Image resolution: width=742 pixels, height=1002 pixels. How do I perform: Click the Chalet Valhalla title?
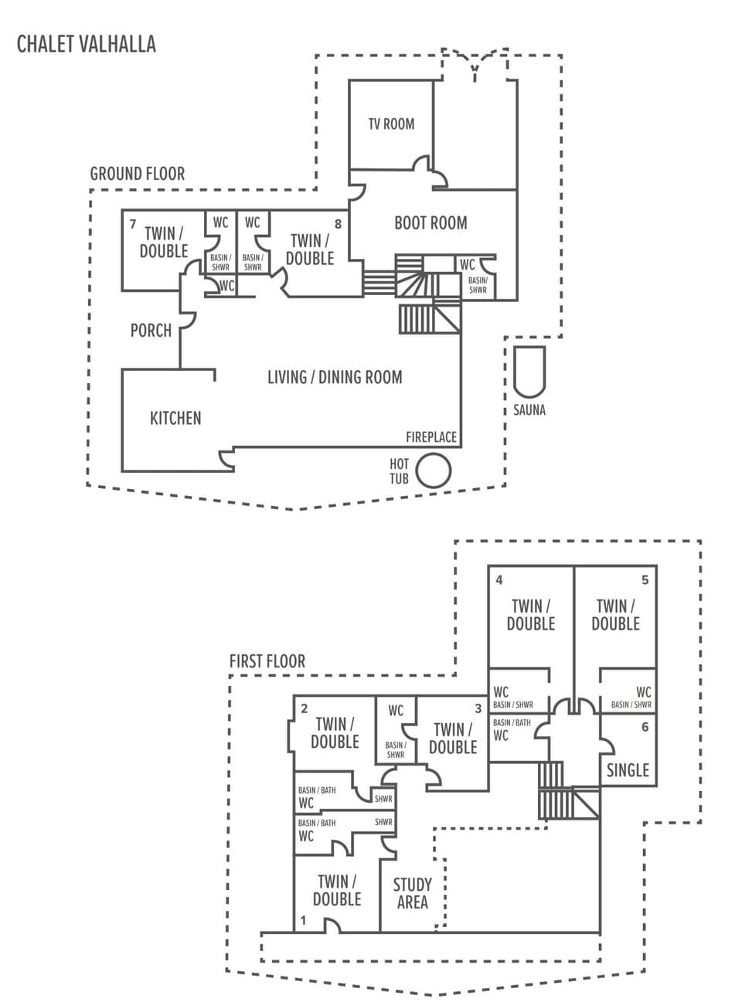(x=87, y=44)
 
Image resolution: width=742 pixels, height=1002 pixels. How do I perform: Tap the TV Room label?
(x=391, y=124)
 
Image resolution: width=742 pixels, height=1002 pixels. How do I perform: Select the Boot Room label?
(x=431, y=223)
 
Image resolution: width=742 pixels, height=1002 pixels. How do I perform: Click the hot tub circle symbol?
(x=433, y=470)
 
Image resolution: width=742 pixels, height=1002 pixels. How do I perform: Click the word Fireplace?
(x=431, y=437)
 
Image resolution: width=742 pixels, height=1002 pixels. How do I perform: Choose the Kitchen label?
(x=175, y=418)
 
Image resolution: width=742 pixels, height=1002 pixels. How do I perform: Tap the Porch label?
(x=151, y=331)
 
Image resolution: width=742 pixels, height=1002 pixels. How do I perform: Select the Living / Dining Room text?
(x=335, y=378)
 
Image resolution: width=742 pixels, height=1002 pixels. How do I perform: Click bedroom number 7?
(x=133, y=225)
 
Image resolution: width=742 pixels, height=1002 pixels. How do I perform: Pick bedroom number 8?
(x=339, y=224)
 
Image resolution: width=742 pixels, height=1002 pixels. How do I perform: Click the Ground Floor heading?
(x=138, y=174)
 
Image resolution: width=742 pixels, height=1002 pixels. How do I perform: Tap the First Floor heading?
(x=267, y=661)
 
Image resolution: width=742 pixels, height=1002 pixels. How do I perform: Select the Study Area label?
(x=412, y=893)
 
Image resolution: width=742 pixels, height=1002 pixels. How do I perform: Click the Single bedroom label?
(x=628, y=770)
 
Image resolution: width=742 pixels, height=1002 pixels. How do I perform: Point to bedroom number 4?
(x=499, y=580)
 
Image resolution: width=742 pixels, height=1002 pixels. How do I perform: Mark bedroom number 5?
(x=645, y=580)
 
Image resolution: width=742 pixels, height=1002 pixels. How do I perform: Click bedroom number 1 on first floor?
(x=304, y=920)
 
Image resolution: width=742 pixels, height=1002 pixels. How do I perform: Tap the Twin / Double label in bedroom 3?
(x=453, y=739)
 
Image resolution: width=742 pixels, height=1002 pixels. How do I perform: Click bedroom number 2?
(x=305, y=708)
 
